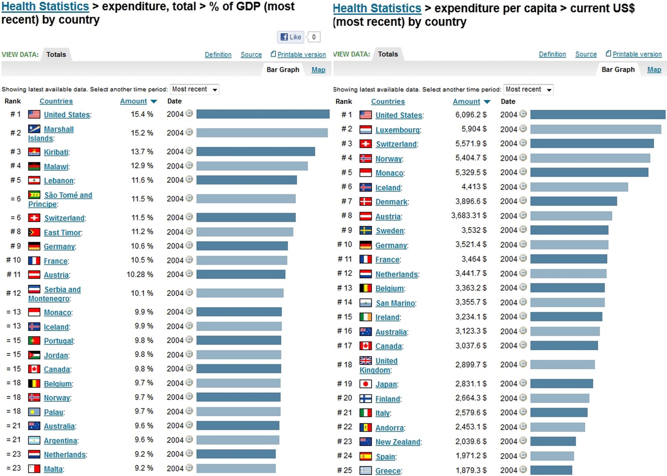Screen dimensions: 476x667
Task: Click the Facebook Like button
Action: point(291,37)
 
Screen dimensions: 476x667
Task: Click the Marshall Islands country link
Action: point(58,129)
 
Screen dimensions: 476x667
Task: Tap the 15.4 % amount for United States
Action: point(142,114)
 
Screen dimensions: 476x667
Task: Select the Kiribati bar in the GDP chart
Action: point(255,151)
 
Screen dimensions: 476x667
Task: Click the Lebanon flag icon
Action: point(34,180)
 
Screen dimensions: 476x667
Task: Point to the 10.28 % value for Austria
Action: point(140,274)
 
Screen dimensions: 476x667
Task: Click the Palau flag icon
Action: point(34,412)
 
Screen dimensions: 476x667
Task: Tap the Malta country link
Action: point(53,469)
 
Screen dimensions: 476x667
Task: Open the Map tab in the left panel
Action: point(318,70)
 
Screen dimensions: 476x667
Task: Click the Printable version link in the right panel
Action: point(637,54)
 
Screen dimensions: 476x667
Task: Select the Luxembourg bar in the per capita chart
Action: point(596,129)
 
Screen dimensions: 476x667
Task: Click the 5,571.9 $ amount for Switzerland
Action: point(471,144)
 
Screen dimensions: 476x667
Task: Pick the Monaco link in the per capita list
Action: point(389,173)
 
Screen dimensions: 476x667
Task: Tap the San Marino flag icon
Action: point(366,303)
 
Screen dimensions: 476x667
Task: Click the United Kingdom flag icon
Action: point(366,360)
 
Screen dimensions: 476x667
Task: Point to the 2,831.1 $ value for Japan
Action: point(471,384)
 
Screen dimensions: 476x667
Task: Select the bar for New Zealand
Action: point(553,441)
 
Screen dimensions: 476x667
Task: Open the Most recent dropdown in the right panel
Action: point(528,90)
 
